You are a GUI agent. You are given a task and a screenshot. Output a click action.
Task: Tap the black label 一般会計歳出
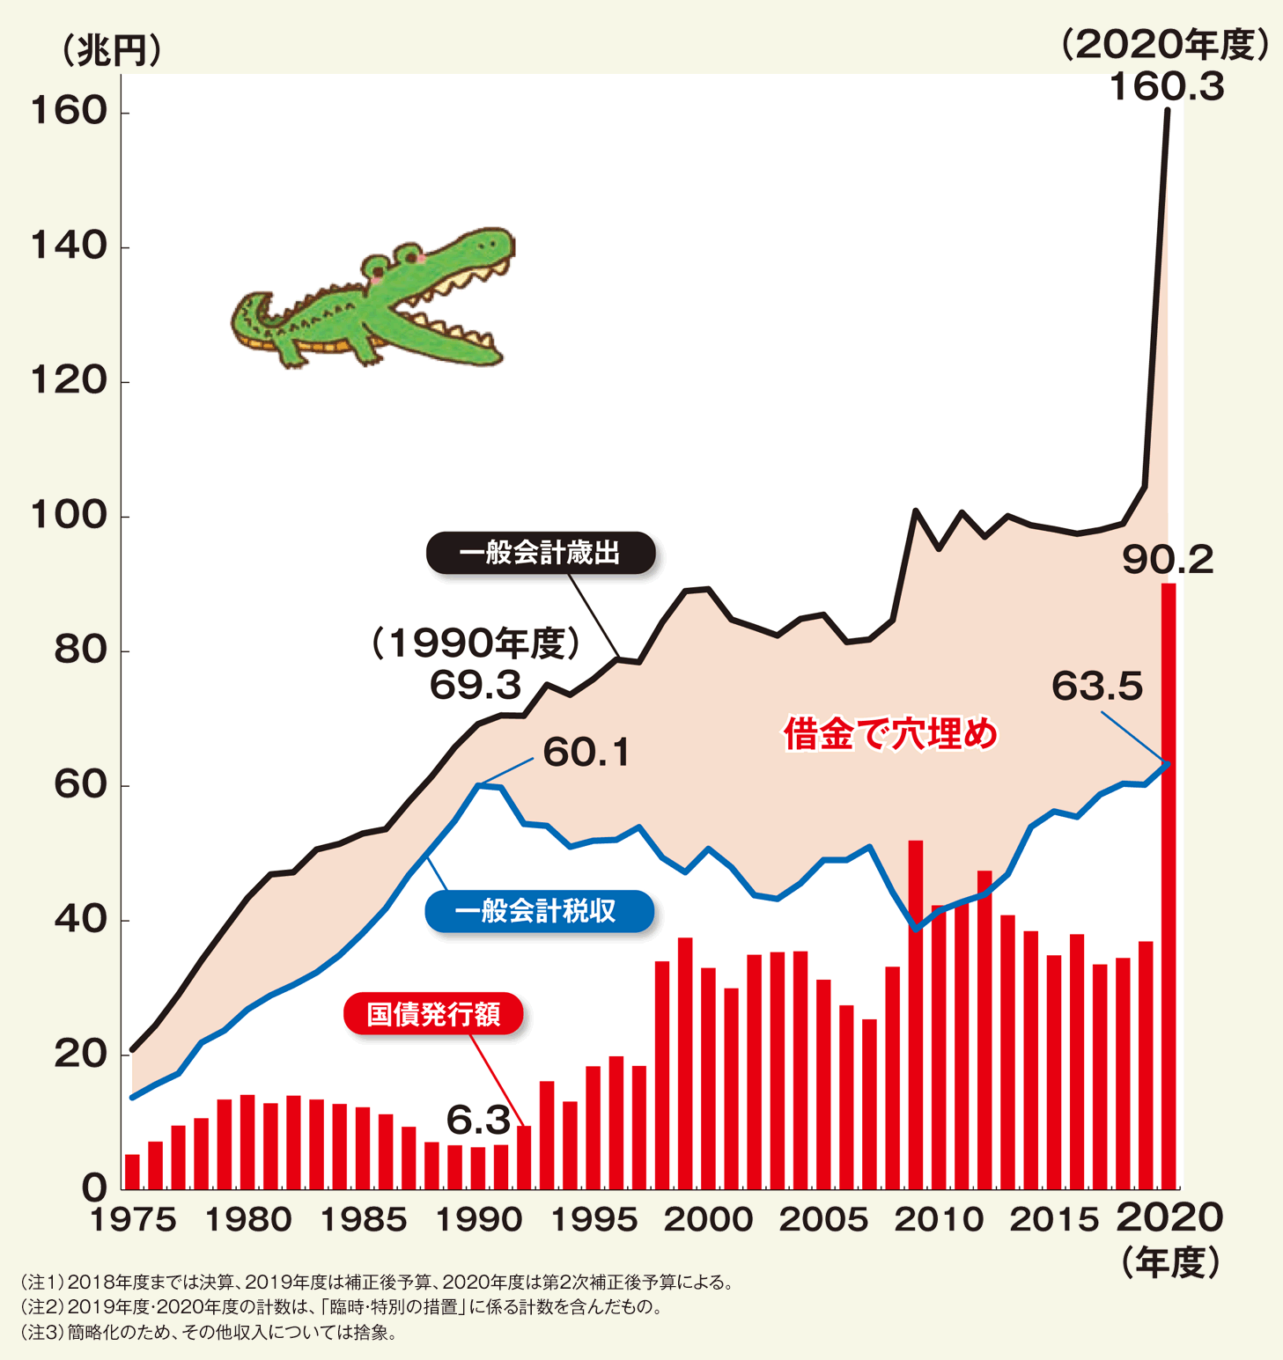(x=540, y=554)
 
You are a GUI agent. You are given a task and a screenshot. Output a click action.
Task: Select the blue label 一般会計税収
(x=539, y=911)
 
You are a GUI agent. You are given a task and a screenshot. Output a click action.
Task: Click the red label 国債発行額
(x=433, y=1014)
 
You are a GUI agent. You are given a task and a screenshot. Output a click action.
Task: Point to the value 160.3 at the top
(x=1166, y=88)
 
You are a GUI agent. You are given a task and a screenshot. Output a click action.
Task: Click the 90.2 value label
(x=1168, y=561)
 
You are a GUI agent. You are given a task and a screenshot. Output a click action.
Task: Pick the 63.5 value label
(x=1097, y=687)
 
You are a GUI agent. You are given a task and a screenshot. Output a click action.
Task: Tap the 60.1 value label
(x=586, y=753)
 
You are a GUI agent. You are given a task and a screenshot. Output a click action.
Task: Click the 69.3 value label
(x=476, y=685)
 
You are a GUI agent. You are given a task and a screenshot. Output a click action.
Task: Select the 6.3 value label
(x=478, y=1120)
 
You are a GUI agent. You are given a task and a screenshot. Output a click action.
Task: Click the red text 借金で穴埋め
(x=890, y=733)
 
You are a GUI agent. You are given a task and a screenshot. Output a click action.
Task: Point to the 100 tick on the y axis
(x=69, y=516)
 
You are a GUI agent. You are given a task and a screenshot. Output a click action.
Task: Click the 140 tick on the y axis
(x=69, y=246)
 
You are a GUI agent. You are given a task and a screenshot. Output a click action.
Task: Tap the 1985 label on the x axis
(x=363, y=1220)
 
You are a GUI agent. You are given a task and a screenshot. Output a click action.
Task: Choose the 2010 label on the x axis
(x=938, y=1220)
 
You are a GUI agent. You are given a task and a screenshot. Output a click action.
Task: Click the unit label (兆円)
(x=110, y=50)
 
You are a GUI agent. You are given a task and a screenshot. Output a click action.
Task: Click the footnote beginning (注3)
(x=208, y=1333)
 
